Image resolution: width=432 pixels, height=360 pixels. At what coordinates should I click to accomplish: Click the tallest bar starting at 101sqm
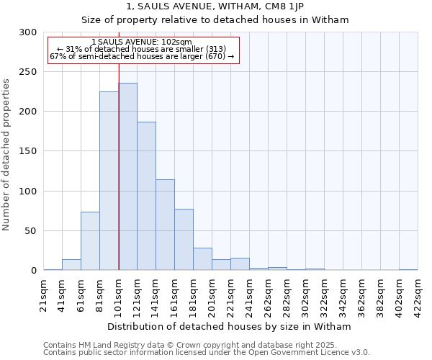pyautogui.click(x=127, y=176)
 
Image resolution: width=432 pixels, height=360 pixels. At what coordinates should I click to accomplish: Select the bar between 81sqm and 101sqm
pyautogui.click(x=109, y=181)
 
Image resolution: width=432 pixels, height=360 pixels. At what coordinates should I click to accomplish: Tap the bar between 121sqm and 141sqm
pyautogui.click(x=146, y=196)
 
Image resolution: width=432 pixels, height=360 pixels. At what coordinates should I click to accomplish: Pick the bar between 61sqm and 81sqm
pyautogui.click(x=90, y=241)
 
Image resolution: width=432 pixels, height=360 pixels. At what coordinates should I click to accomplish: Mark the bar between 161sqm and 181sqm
pyautogui.click(x=184, y=240)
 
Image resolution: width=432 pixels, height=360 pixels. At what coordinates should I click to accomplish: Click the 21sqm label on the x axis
pyautogui.click(x=44, y=295)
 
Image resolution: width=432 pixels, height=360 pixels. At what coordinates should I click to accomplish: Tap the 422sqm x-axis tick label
pyautogui.click(x=418, y=295)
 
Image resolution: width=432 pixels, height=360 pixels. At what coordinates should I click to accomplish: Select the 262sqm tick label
pyautogui.click(x=268, y=295)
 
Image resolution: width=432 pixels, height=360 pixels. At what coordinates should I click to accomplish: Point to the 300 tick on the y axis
pyautogui.click(x=28, y=32)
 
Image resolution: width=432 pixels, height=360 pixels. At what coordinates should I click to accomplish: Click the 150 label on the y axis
pyautogui.click(x=28, y=151)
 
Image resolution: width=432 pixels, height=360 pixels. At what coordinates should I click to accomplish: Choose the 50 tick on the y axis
pyautogui.click(x=31, y=231)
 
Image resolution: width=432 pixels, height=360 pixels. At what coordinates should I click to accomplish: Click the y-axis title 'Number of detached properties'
pyautogui.click(x=6, y=156)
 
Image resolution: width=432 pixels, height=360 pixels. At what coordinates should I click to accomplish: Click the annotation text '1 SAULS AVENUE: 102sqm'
pyautogui.click(x=142, y=42)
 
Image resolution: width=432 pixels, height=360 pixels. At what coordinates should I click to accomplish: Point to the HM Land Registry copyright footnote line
pyautogui.click(x=186, y=346)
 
